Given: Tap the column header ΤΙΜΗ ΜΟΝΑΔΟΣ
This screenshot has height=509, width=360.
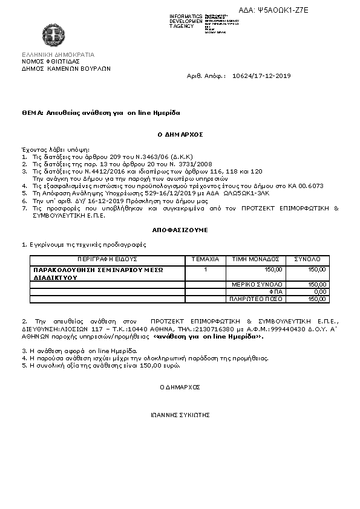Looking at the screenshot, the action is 256,259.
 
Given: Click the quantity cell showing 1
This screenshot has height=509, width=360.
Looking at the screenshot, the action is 206,269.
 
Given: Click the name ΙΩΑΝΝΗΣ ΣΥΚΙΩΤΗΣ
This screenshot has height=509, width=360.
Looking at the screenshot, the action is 180,416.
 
